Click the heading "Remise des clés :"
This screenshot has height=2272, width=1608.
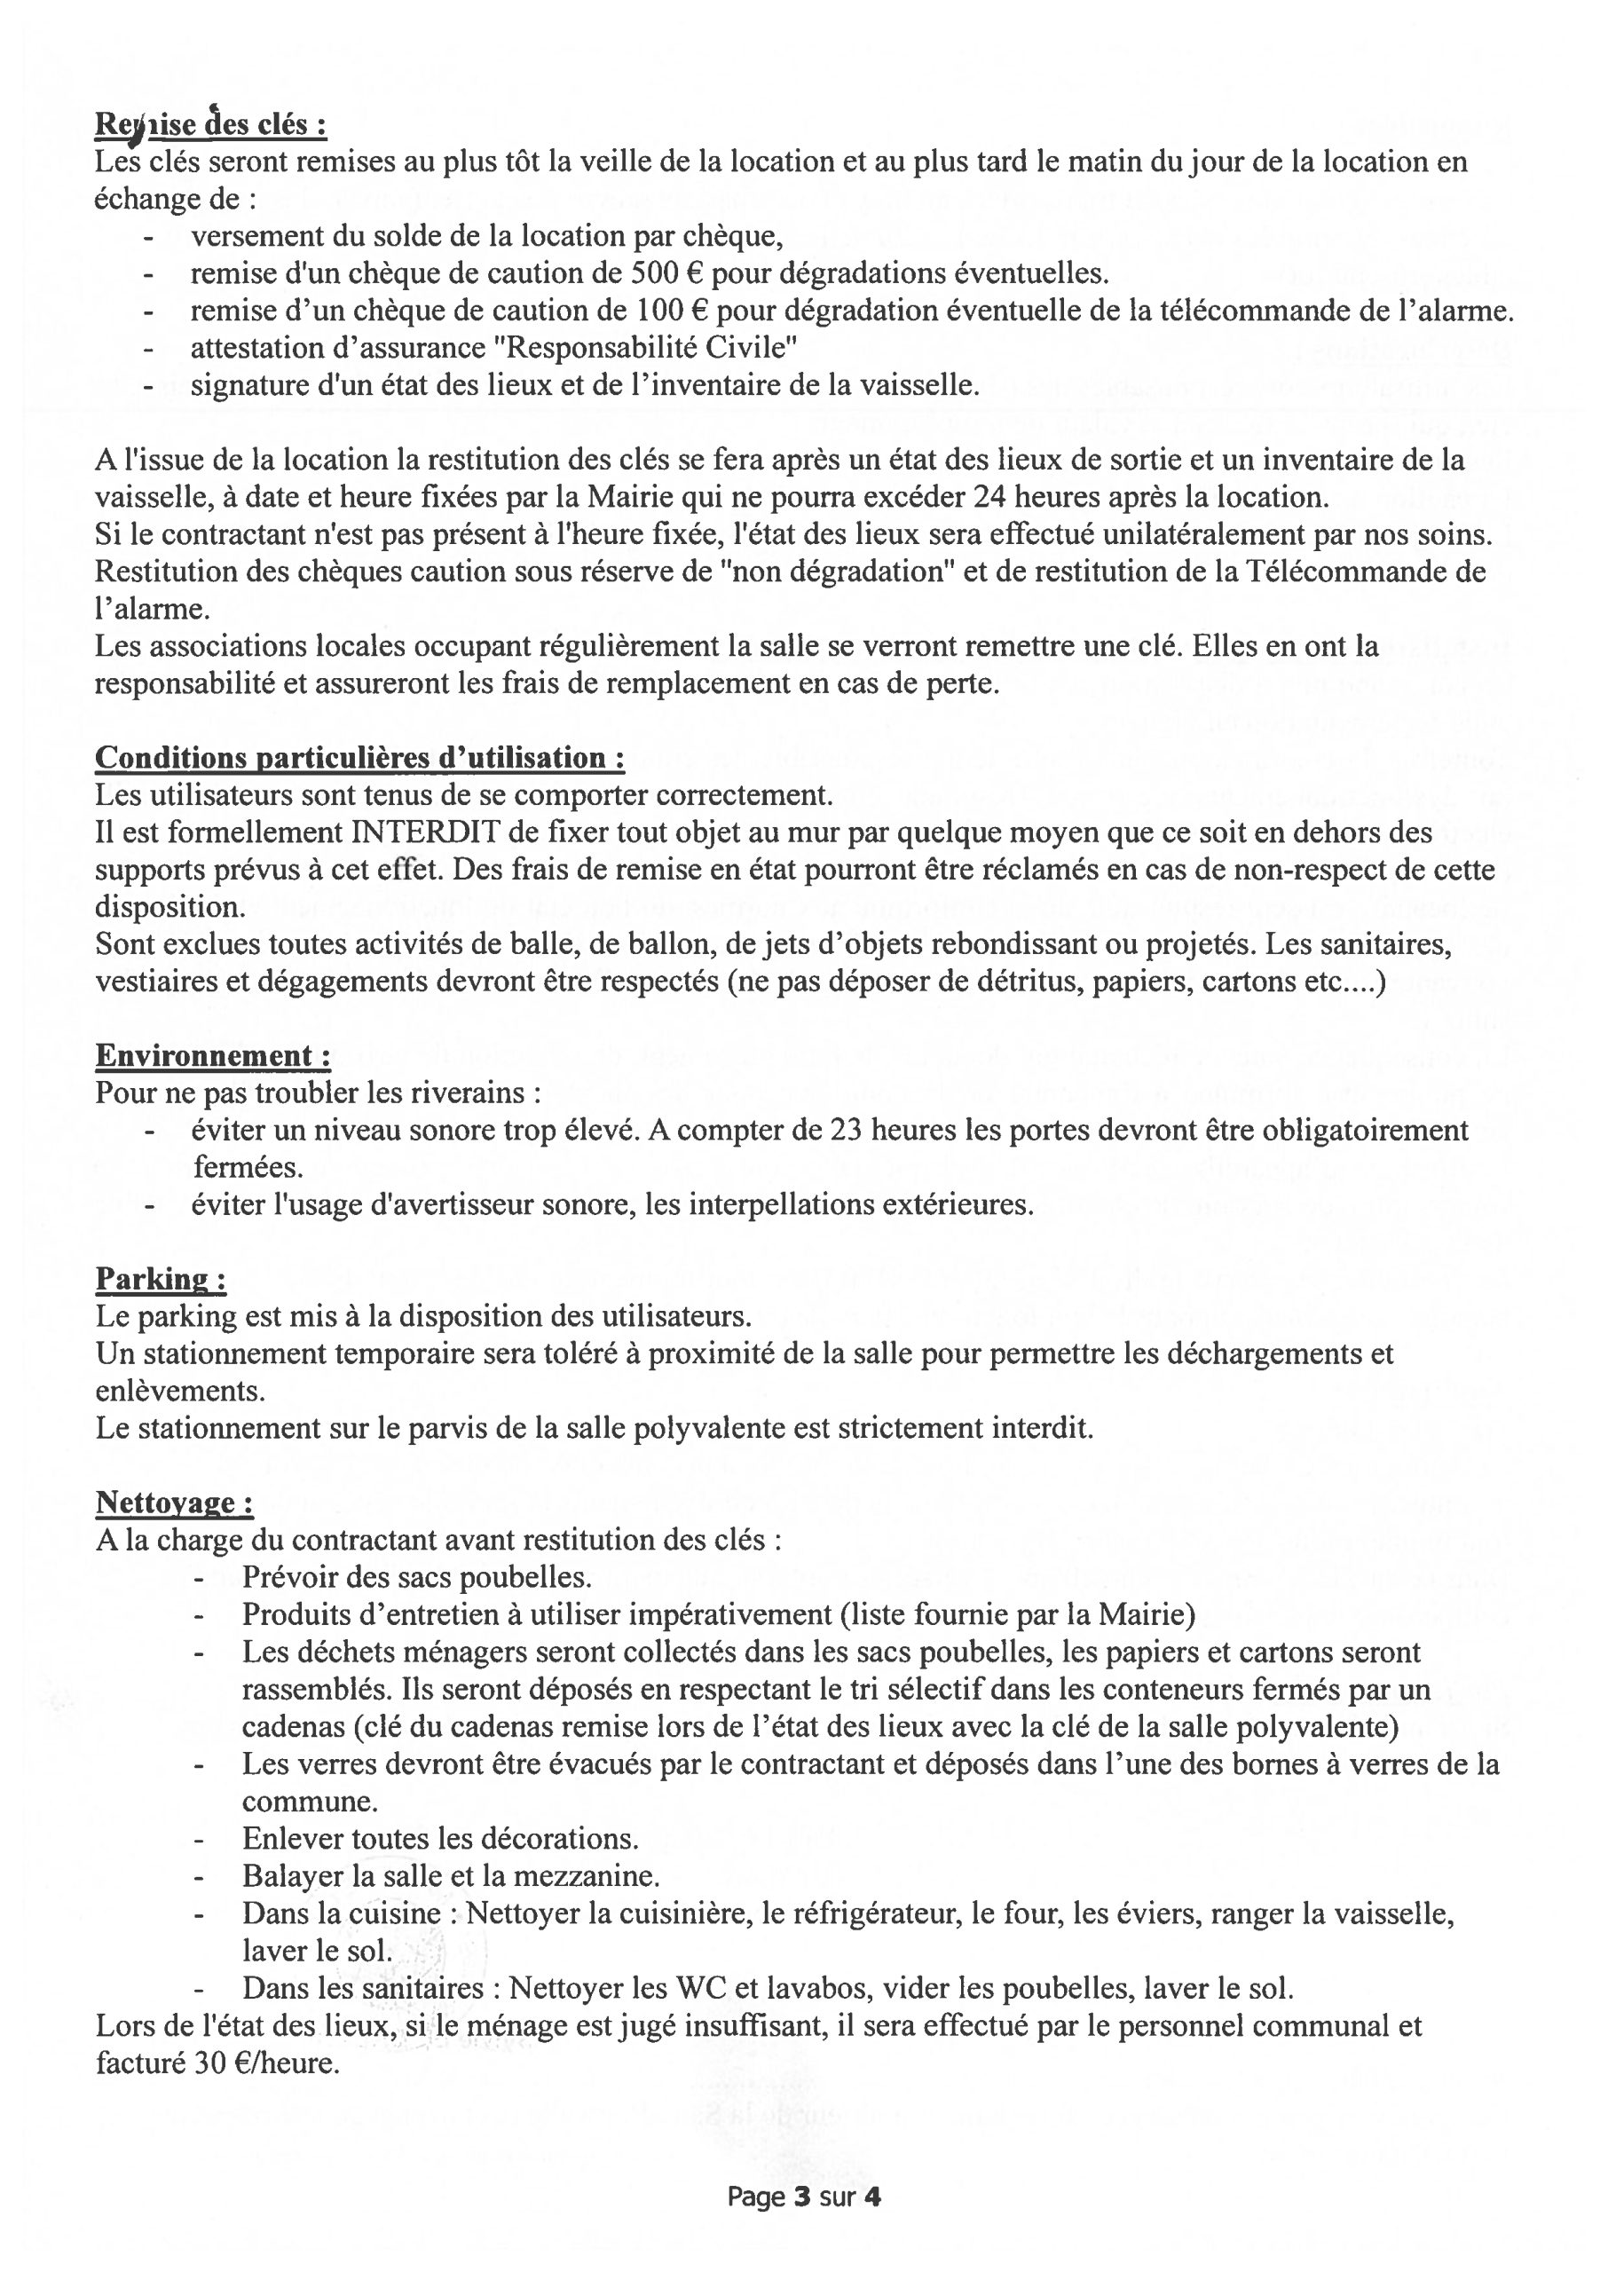click(210, 125)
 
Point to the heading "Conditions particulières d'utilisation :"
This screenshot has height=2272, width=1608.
click(359, 758)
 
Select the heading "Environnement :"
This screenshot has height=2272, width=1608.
click(213, 1056)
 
